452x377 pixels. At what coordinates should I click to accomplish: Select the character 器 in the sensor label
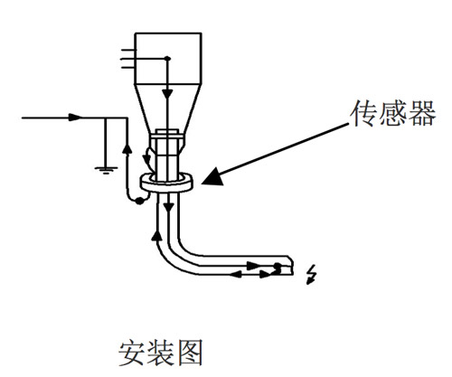(421, 113)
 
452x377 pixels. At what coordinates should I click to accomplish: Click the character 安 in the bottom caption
(132, 353)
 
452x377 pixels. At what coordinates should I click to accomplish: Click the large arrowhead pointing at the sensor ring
(213, 176)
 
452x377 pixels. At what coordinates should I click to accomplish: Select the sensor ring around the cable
(166, 183)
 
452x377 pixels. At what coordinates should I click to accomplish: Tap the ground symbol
(106, 170)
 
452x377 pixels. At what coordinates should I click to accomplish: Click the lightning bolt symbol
(311, 274)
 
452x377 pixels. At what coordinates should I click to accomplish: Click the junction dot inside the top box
(167, 58)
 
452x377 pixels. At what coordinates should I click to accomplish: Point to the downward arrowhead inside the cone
(167, 93)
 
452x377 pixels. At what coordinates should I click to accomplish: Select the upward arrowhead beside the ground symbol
(127, 148)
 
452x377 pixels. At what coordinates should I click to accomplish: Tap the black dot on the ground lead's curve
(139, 201)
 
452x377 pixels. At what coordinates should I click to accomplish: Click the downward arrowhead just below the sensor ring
(169, 208)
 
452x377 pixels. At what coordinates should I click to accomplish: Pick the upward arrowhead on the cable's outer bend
(156, 235)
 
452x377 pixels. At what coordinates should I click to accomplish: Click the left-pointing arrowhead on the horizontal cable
(236, 274)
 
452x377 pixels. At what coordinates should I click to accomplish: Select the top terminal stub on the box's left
(128, 50)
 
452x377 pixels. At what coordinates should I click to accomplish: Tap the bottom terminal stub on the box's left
(128, 68)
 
